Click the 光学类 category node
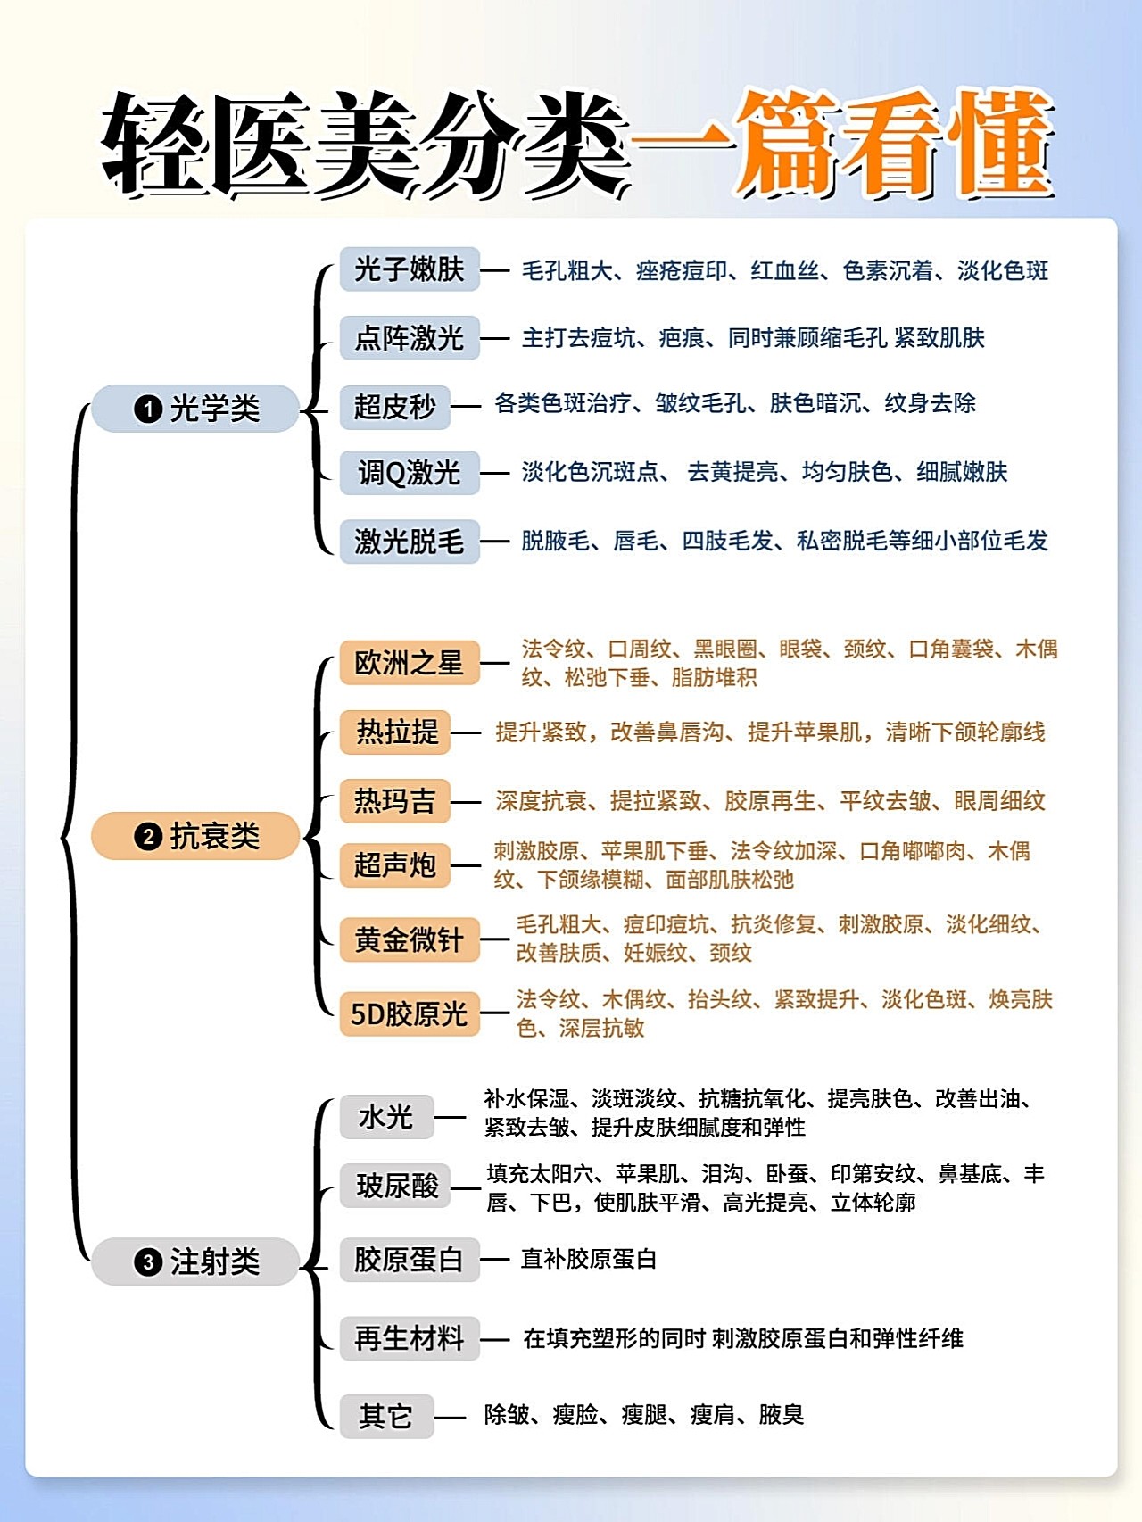pos(195,409)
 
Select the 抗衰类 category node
pos(195,836)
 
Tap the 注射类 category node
pos(195,1261)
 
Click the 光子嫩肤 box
pos(410,269)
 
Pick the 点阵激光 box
pos(410,338)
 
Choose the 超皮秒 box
pos(394,407)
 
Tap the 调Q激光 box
pos(410,473)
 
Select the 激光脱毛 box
pos(410,542)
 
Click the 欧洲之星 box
pos(410,663)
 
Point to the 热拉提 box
pos(394,732)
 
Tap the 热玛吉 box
pos(394,800)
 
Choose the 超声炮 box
pos(394,864)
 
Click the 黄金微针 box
pos(410,939)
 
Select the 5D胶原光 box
pos(410,1013)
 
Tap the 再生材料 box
pos(410,1338)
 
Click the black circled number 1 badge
pos(148,409)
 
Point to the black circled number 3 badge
pos(148,1262)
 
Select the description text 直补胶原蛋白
pos(589,1259)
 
